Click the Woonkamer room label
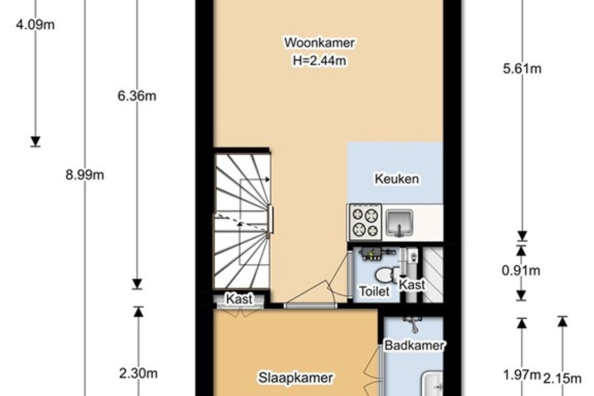[319, 43]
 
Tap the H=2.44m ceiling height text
[319, 61]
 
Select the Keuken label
[396, 179]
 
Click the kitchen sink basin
[399, 223]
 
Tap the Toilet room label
[374, 291]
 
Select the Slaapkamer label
[296, 378]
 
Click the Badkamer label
[414, 346]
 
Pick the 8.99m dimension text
[85, 175]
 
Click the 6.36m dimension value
[137, 96]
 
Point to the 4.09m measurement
[35, 25]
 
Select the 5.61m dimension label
[522, 69]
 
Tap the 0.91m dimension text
[521, 271]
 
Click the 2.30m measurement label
[138, 374]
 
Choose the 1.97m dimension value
[522, 375]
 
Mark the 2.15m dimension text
[562, 379]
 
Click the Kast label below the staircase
[239, 299]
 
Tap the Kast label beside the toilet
[412, 285]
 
